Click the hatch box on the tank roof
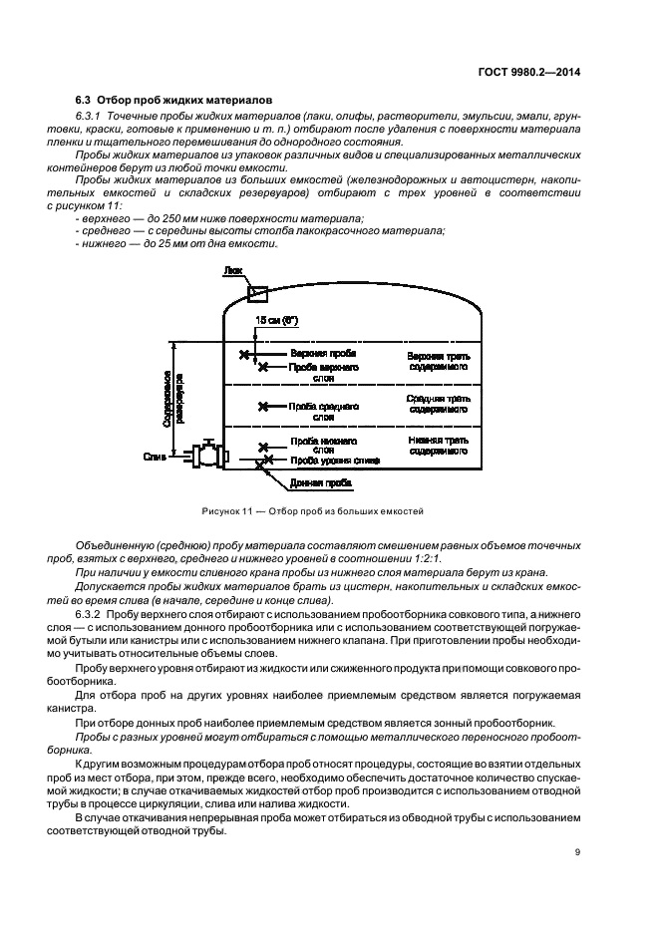pyautogui.click(x=258, y=292)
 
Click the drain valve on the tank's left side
pyautogui.click(x=208, y=455)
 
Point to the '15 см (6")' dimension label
pyautogui.click(x=276, y=320)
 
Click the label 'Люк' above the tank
pyautogui.click(x=232, y=270)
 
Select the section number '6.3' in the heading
pyautogui.click(x=85, y=100)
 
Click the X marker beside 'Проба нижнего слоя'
pyautogui.click(x=263, y=447)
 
